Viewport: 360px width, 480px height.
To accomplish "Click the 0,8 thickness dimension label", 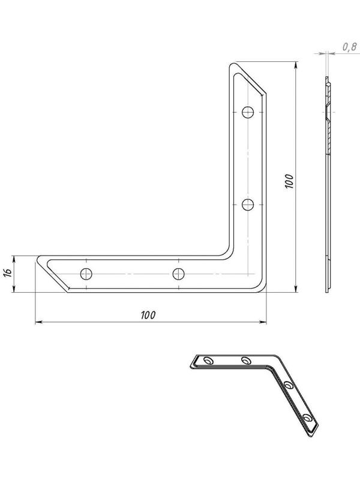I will pos(350,46).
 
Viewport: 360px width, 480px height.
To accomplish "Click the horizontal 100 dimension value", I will pos(148,315).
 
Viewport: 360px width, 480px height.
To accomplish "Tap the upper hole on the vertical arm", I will pos(248,112).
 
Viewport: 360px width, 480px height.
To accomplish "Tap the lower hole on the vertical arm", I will pos(248,205).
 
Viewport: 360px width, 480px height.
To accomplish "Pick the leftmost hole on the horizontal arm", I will pos(88,274).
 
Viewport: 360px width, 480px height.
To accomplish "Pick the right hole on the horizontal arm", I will pos(178,274).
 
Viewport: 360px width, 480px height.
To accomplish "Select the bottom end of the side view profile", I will pos(327,291).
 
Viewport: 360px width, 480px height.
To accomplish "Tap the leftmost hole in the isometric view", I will pos(208,361).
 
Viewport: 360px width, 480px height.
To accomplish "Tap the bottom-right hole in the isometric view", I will pos(308,417).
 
